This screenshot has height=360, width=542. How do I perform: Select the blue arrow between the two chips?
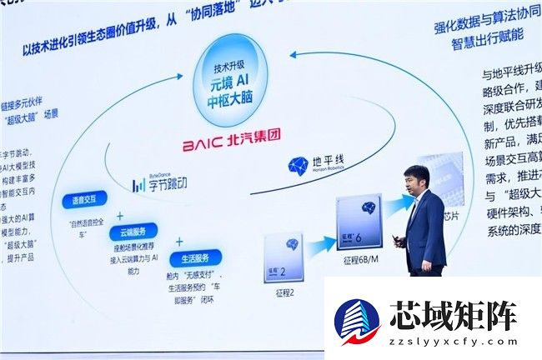tap(318, 244)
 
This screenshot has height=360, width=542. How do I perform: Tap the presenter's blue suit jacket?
tap(425, 229)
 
